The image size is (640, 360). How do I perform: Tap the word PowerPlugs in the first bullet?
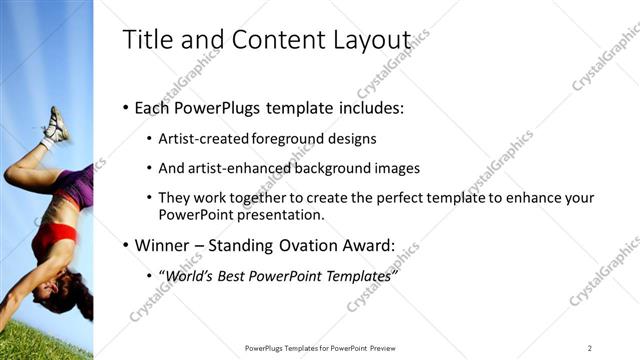[213, 107]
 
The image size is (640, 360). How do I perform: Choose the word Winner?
[161, 244]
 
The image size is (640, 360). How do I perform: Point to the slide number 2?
[590, 348]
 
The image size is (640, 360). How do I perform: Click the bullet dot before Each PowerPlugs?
[125, 107]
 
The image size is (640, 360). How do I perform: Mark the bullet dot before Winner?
[125, 244]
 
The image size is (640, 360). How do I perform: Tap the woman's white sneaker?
[55, 126]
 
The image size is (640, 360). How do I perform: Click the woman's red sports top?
[54, 236]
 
